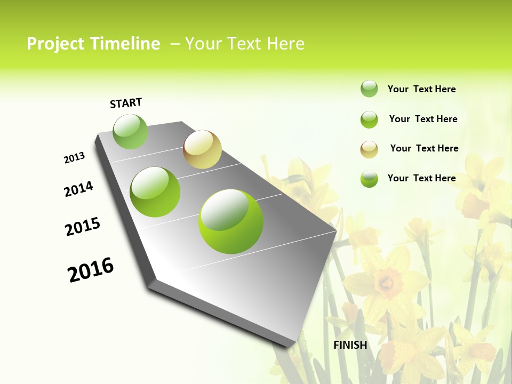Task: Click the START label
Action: (x=126, y=103)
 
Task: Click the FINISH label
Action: (x=350, y=345)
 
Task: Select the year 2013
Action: (x=75, y=158)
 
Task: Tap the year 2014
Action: (x=79, y=189)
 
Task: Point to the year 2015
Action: (x=83, y=227)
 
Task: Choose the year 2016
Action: (x=91, y=270)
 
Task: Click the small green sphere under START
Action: (x=131, y=132)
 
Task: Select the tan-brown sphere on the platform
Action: (x=202, y=149)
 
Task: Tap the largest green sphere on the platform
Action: (x=231, y=221)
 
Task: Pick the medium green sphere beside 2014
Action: (x=155, y=192)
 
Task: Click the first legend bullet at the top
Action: (x=369, y=89)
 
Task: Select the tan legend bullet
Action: (x=369, y=149)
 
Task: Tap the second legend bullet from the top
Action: (x=369, y=119)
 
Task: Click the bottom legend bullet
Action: (x=369, y=179)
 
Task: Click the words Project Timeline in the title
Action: (x=93, y=44)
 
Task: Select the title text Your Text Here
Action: (x=245, y=44)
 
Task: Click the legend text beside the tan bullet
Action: (x=424, y=148)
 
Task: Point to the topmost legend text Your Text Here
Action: (x=421, y=89)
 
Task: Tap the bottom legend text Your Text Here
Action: (x=421, y=178)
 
